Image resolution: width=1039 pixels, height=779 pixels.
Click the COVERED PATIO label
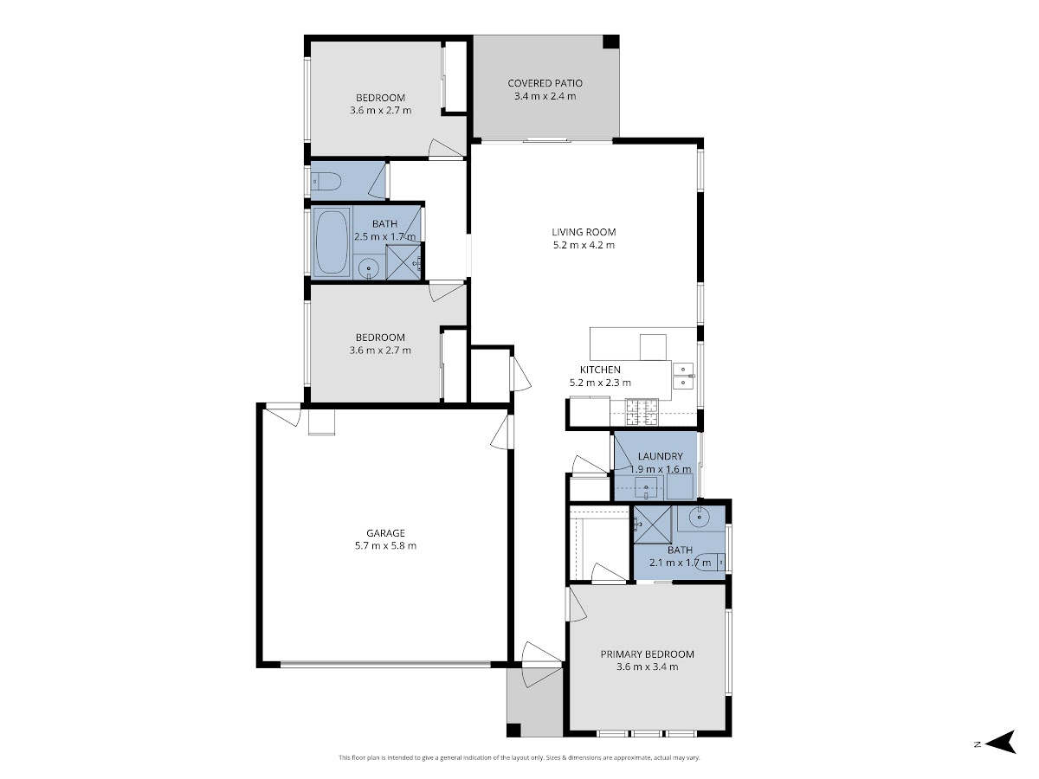pos(545,83)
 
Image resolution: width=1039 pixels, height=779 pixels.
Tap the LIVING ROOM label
pos(584,232)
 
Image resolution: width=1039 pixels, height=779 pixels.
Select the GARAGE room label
pos(385,533)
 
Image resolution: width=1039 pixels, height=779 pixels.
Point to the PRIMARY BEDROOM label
pos(647,654)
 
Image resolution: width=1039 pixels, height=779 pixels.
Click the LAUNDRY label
pos(661,456)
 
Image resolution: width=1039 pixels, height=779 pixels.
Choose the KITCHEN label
pos(600,370)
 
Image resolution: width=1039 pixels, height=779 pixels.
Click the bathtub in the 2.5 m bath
pos(331,242)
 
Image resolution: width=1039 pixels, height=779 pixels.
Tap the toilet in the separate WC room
pos(326,182)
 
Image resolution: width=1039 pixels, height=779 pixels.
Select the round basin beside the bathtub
pos(368,269)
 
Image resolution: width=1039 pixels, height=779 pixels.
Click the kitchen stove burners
pos(642,412)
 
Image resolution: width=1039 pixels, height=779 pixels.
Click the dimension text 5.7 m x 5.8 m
pos(385,546)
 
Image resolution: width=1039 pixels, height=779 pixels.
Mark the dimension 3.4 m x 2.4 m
pos(545,96)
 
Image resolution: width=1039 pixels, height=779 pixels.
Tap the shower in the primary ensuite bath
pos(652,525)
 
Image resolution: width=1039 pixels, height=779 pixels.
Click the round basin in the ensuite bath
pos(699,517)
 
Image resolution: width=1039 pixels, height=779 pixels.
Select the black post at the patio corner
pos(610,42)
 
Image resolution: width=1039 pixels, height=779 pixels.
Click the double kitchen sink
pos(683,376)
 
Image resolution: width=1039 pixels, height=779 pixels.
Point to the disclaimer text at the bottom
pos(519,757)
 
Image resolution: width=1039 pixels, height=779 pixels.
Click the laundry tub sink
pos(646,487)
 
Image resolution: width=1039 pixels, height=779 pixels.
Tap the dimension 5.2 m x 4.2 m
pos(584,245)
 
